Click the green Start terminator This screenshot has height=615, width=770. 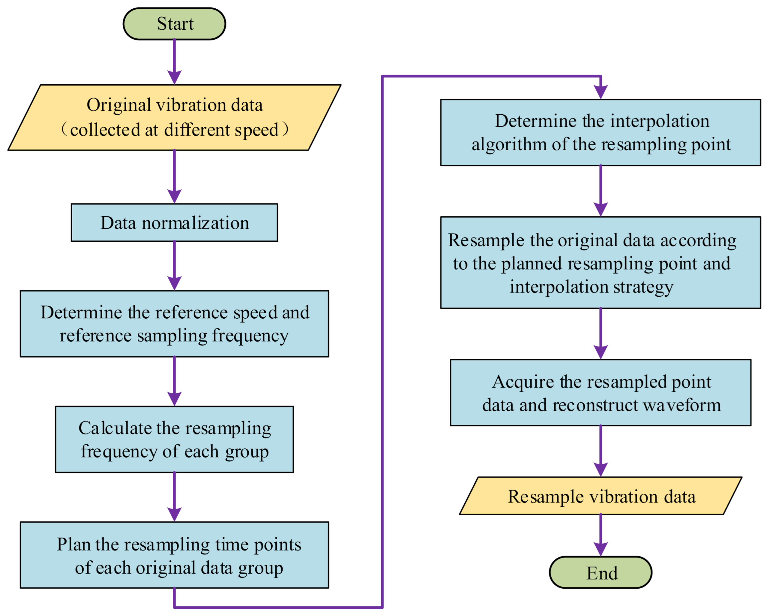[x=174, y=24]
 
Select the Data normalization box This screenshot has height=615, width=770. [x=174, y=222]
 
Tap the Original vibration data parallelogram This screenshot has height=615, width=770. [x=174, y=117]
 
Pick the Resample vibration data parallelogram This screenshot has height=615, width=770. [x=601, y=496]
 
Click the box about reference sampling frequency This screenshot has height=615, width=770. [x=174, y=324]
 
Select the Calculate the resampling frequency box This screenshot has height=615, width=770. [x=174, y=439]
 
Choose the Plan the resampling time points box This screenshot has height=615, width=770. [x=174, y=555]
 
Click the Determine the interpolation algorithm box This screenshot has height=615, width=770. [x=601, y=132]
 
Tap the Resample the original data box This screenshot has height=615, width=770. [x=601, y=262]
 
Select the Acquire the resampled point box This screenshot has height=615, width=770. [x=601, y=393]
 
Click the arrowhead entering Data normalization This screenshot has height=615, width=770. [x=174, y=197]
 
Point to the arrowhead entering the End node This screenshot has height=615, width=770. [x=601, y=549]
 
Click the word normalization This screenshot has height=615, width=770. [x=195, y=223]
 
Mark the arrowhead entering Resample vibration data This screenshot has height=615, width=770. [x=601, y=469]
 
